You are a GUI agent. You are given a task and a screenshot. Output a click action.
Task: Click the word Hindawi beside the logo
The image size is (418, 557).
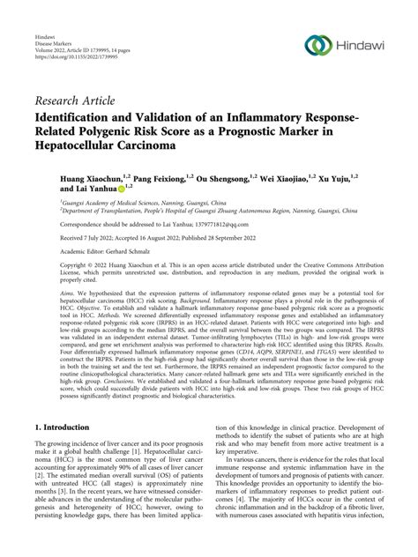[x=361, y=45]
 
